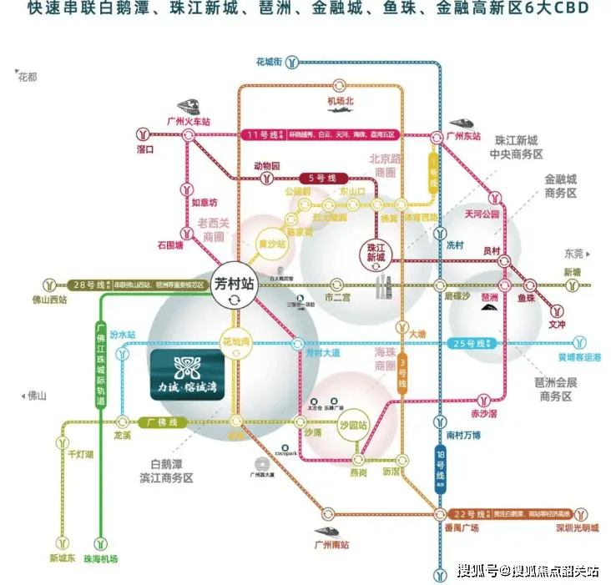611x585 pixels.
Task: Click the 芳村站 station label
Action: point(233,282)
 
